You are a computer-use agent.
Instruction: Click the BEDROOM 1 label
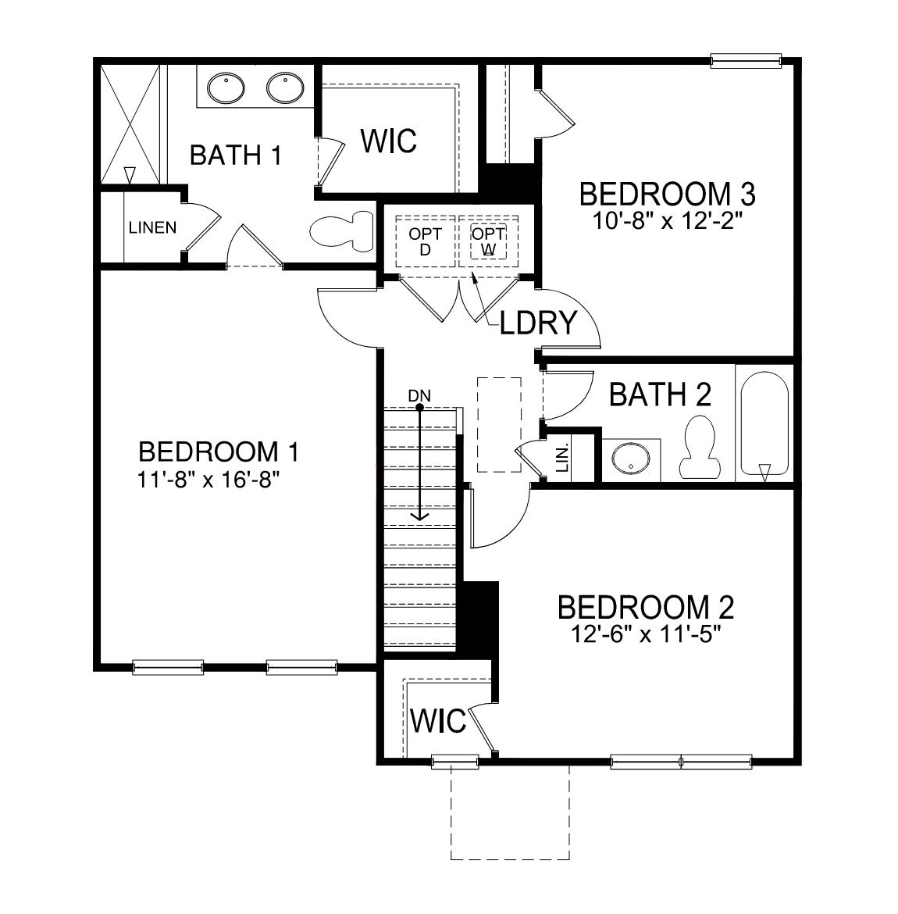218,452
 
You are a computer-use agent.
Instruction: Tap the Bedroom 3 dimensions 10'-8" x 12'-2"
666,220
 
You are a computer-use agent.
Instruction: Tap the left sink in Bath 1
226,87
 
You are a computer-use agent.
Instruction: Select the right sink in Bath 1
285,87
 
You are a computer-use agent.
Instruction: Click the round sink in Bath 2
629,459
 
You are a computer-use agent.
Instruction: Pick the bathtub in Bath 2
764,426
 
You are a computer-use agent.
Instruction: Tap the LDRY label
539,322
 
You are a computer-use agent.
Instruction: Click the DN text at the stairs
419,395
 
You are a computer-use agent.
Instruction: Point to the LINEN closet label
152,228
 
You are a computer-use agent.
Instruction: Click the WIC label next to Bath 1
389,141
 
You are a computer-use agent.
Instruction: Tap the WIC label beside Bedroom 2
437,721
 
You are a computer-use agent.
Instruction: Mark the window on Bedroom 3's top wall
746,60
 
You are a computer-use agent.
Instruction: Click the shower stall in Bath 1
130,125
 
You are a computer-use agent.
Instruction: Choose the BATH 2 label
660,395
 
